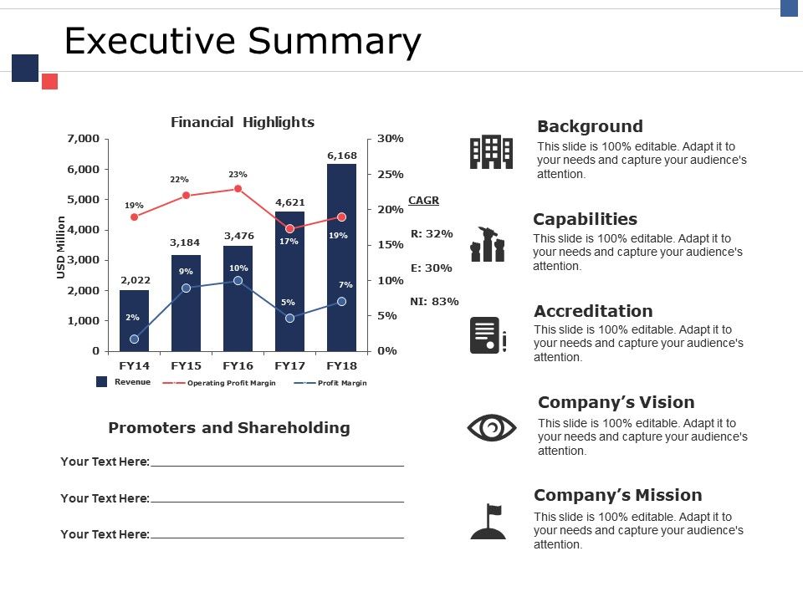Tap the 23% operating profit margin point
(x=238, y=189)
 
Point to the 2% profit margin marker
(x=135, y=339)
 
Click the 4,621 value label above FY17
(x=289, y=202)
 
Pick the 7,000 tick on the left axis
(x=83, y=138)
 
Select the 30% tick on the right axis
(x=390, y=138)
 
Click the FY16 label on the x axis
(x=238, y=365)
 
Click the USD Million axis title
(x=60, y=247)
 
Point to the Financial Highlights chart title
(x=243, y=122)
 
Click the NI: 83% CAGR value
(x=434, y=302)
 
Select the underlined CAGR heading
(x=423, y=201)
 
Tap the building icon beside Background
(x=491, y=152)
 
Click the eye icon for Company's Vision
(x=491, y=428)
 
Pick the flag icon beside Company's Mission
(x=488, y=522)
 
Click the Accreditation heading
(x=593, y=311)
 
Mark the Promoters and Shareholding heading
(x=229, y=428)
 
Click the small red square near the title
(x=49, y=81)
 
